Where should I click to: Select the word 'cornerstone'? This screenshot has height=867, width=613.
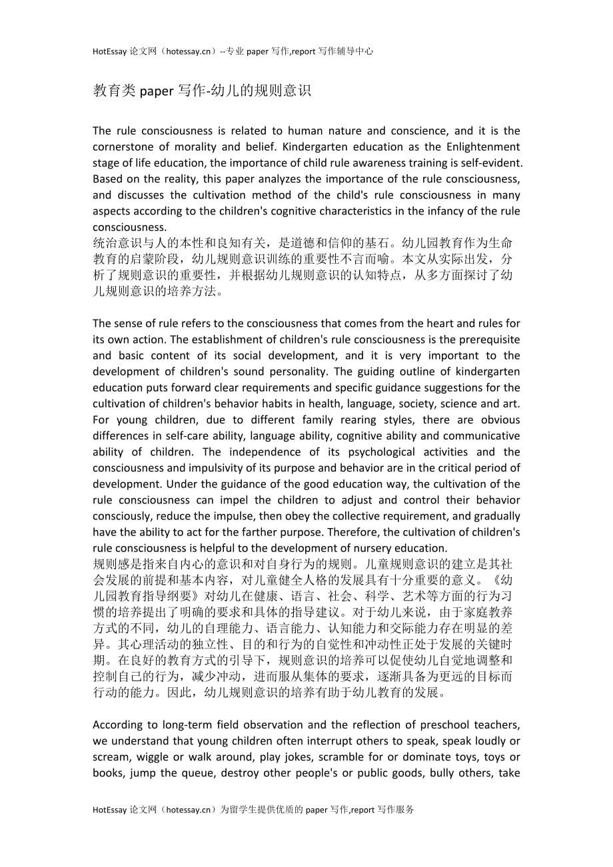pos(123,147)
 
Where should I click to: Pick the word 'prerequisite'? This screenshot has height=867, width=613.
pos(488,340)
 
